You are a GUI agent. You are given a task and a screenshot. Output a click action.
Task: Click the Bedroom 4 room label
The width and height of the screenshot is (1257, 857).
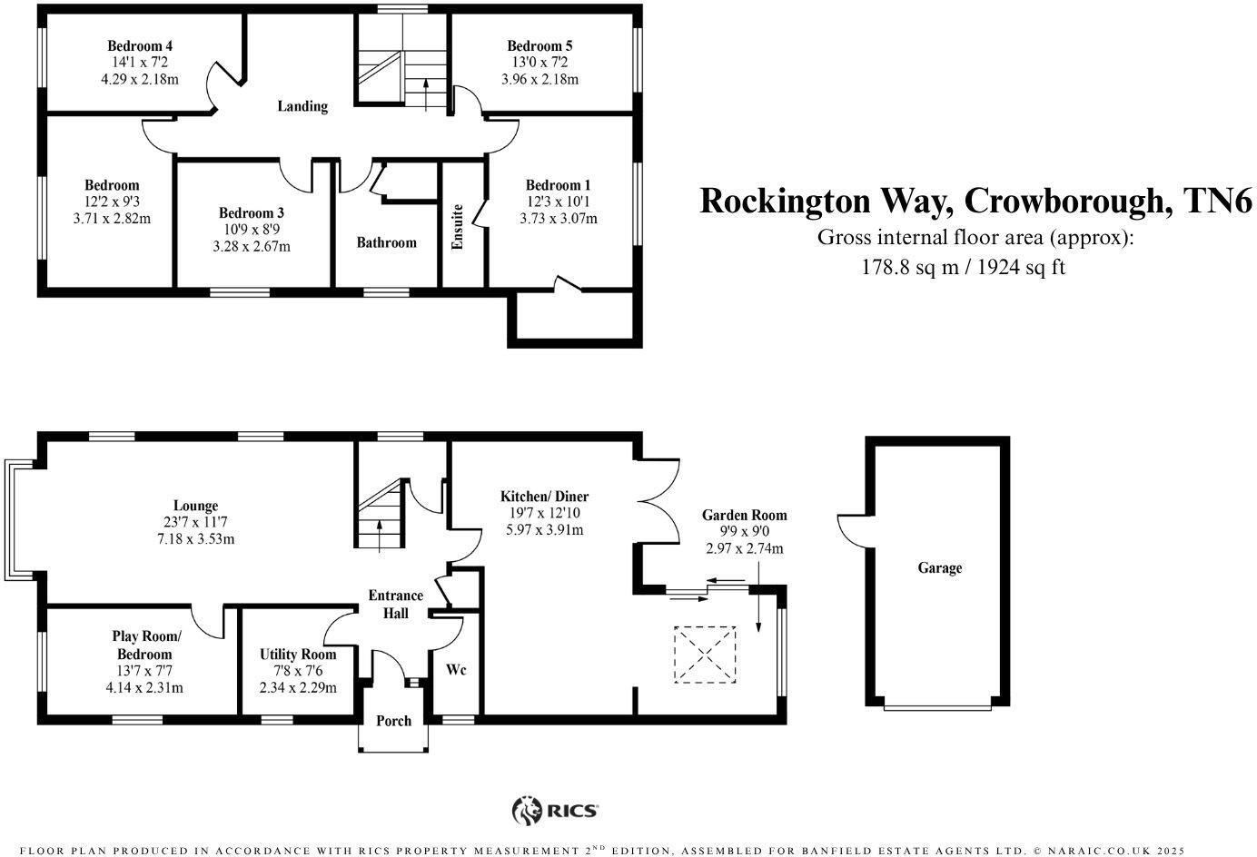point(140,46)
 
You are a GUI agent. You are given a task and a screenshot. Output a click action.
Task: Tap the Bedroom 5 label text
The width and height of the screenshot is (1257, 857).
point(539,46)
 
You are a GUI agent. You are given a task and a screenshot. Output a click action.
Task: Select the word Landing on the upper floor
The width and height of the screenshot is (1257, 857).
point(302,106)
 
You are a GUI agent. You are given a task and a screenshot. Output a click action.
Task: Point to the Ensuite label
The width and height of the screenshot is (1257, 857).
point(458,226)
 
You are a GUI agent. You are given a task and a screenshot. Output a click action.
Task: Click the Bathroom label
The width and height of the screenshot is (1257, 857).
point(386,242)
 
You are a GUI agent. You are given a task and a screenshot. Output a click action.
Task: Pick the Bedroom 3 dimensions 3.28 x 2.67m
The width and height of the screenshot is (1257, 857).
point(252,247)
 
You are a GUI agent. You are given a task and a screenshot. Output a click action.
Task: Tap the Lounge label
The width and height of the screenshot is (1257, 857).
point(196,506)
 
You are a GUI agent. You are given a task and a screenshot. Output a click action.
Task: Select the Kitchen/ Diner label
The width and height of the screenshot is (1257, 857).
point(544,497)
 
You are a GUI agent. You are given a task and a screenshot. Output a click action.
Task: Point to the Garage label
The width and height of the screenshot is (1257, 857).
point(939,568)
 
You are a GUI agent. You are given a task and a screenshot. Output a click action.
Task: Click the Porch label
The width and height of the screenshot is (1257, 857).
point(393,721)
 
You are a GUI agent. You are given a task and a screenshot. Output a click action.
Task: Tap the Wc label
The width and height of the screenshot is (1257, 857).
point(456,669)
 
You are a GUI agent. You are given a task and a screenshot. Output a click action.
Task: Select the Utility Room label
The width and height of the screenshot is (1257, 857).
point(298,655)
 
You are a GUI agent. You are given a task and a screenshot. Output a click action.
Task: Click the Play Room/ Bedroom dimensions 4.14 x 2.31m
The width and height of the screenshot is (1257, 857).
point(144,687)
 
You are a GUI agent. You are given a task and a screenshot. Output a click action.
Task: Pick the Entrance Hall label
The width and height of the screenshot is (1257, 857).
point(395,604)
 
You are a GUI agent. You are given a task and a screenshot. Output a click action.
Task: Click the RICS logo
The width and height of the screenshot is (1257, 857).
point(555,810)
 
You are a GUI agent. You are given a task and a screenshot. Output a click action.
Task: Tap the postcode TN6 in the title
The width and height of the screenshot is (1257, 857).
point(1219,200)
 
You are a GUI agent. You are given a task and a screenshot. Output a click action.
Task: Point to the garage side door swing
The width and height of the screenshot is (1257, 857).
point(851,531)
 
